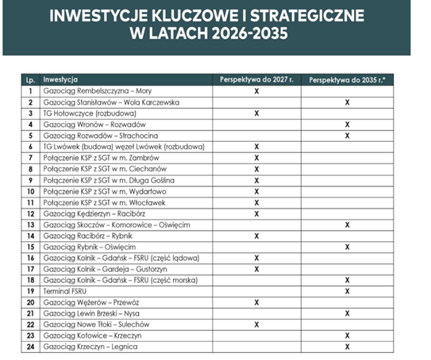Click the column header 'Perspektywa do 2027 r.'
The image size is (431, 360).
256,80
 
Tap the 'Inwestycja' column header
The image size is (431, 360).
60,80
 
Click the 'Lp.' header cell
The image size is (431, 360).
30,80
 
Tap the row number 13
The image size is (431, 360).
30,224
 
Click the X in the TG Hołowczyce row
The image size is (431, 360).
256,113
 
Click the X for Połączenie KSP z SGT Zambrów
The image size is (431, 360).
256,158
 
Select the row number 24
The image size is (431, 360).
30,347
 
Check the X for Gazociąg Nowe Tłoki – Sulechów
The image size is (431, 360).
256,324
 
